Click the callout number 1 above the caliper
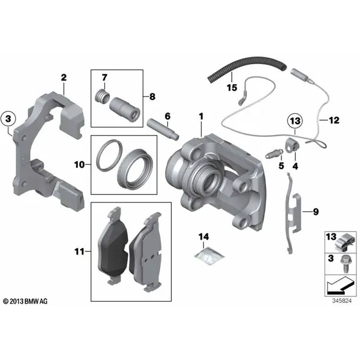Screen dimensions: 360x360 (201, 116)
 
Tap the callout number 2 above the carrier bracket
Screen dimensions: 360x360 (64, 77)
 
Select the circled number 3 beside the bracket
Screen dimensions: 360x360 (8, 119)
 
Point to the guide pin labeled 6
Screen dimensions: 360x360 (163, 128)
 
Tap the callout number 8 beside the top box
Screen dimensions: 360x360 (152, 97)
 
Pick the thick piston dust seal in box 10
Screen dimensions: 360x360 (135, 169)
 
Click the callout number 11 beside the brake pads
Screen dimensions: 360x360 (79, 251)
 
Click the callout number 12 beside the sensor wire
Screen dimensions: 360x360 (334, 120)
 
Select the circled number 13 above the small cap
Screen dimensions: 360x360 (295, 121)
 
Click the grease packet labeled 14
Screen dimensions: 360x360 (209, 255)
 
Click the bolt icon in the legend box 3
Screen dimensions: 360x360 (346, 263)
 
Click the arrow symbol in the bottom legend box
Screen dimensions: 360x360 (340, 286)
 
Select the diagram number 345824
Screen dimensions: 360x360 (342, 301)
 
